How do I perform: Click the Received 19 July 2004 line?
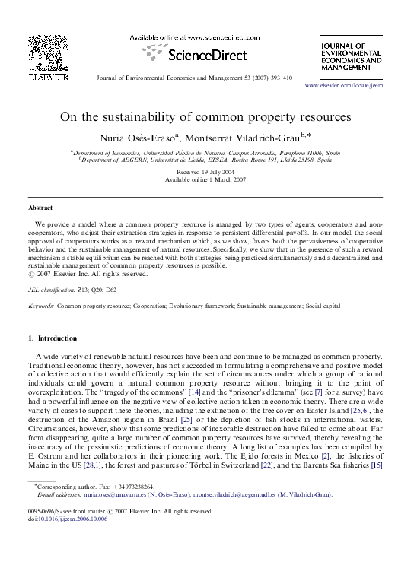(x=206, y=173)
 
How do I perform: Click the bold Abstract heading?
(x=40, y=207)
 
